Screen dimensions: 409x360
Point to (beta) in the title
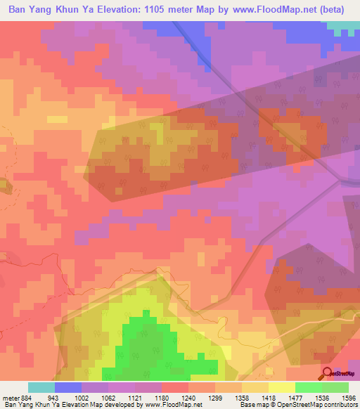point(337,9)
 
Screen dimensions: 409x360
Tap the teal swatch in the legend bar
point(41,387)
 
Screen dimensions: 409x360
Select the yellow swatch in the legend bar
point(282,387)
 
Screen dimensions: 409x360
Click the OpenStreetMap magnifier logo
point(327,374)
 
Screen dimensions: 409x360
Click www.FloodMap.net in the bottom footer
point(174,405)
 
